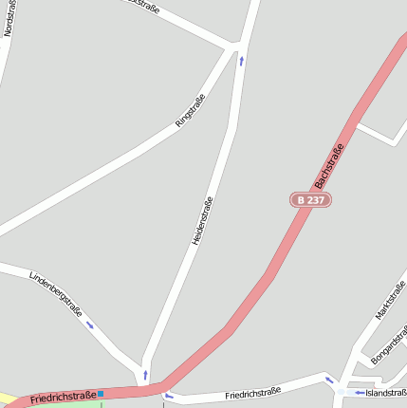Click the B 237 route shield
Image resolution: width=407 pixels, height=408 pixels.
(x=310, y=200)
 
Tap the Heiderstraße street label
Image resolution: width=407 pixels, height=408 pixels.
(x=202, y=221)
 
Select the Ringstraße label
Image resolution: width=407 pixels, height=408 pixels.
(x=191, y=110)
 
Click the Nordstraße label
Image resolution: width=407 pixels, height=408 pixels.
(x=9, y=18)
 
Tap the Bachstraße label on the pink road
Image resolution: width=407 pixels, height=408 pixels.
(x=328, y=164)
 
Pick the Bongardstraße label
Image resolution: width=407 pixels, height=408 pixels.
(x=389, y=343)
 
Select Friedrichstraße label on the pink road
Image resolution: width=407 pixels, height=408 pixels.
(x=63, y=397)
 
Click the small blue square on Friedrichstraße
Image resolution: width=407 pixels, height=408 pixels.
(x=101, y=393)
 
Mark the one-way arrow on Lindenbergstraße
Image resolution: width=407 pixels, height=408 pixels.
(x=90, y=325)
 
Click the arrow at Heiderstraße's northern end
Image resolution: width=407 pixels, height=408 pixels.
(x=241, y=61)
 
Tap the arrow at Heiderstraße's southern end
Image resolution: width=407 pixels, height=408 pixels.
(x=145, y=374)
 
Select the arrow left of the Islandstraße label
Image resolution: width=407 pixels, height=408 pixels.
(x=359, y=392)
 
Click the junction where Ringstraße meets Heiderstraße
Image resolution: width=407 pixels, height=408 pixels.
(x=236, y=45)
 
